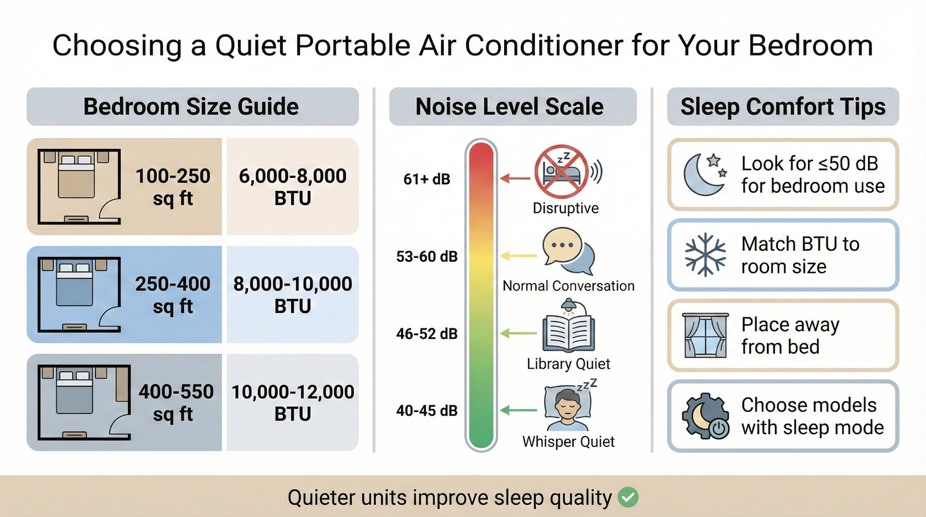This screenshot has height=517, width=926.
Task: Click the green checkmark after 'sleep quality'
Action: [628, 497]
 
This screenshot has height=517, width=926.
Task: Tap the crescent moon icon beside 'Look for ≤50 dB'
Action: [704, 174]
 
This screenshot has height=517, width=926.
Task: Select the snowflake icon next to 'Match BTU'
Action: [705, 255]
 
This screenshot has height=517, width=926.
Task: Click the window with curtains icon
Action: [705, 335]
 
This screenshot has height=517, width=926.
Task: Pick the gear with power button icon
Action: [705, 416]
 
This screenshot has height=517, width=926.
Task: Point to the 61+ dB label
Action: [427, 179]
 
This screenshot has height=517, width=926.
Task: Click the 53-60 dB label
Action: [427, 256]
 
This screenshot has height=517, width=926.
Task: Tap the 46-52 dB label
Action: [427, 333]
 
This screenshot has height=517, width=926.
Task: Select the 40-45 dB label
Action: [427, 410]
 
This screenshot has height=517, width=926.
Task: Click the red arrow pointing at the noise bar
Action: [515, 178]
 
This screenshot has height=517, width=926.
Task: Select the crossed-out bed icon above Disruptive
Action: [561, 171]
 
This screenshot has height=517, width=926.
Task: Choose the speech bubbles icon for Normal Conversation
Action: [568, 251]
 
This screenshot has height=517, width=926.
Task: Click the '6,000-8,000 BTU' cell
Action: [292, 186]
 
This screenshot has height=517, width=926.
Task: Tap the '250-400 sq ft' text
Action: [172, 295]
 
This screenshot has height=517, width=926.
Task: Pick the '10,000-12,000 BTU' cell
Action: [292, 402]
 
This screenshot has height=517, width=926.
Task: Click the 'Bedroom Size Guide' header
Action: [192, 107]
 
